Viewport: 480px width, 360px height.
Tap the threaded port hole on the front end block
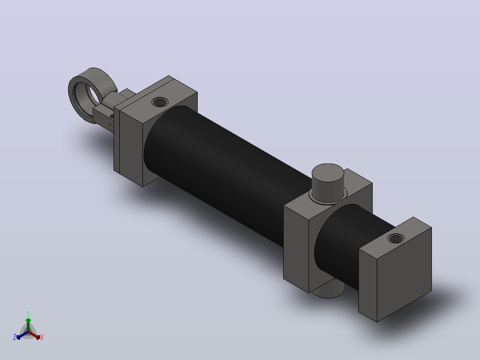pos(160,102)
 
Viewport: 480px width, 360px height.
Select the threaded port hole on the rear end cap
pos(395,238)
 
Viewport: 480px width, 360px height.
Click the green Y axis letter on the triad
pos(28,313)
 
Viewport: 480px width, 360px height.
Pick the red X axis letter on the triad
pos(42,337)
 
